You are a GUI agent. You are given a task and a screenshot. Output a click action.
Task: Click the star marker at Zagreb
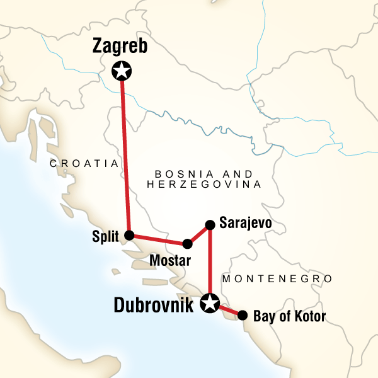click(120, 71)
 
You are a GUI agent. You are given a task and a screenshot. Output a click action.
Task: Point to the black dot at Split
click(130, 236)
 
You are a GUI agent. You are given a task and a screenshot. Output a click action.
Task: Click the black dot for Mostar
click(186, 244)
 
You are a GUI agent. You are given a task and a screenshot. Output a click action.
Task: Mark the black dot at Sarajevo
click(209, 224)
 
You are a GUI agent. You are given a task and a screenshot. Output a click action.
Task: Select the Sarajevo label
click(245, 223)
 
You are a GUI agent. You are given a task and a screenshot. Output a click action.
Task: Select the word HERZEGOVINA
click(203, 185)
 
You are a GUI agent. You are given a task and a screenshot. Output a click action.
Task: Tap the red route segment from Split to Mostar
click(158, 239)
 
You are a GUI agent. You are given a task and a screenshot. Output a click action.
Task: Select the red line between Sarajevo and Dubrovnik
click(209, 261)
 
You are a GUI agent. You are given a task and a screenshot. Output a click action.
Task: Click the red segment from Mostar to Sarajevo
click(198, 234)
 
